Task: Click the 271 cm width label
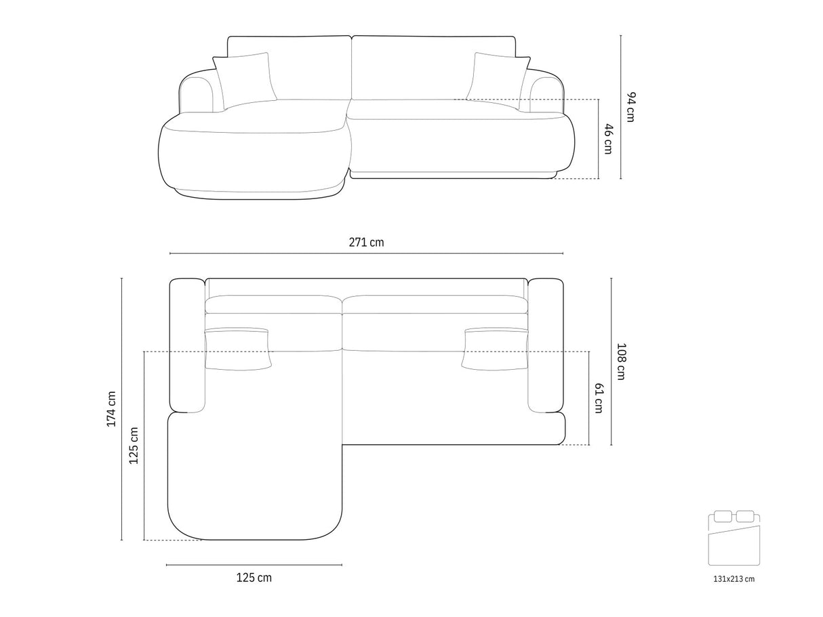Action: tap(366, 242)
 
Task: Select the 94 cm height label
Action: tap(631, 107)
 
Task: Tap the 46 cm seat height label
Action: tap(609, 139)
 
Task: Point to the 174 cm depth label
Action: tap(111, 409)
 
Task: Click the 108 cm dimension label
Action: tap(621, 362)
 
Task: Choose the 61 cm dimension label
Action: tap(599, 398)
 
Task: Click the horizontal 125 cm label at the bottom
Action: tap(254, 578)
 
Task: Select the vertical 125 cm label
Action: tap(134, 446)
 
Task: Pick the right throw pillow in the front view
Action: tap(498, 81)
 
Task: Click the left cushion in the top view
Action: tap(238, 349)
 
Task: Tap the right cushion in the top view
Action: tap(495, 349)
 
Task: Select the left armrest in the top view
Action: tap(187, 345)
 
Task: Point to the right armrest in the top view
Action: tap(546, 345)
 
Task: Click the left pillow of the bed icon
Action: tap(723, 516)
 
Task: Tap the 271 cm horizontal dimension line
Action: tap(366, 253)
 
